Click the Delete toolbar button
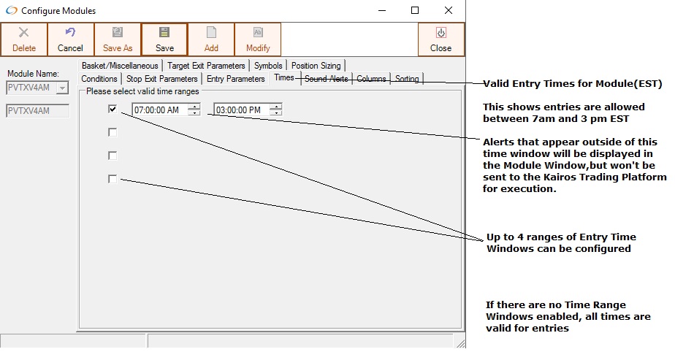point(24,39)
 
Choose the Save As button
point(118,39)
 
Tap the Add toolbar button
point(211,39)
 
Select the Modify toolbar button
point(258,39)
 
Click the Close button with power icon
point(441,39)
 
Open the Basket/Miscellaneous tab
point(120,66)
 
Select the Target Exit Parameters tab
point(206,66)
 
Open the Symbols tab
point(268,66)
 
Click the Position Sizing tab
point(316,66)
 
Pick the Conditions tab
point(99,79)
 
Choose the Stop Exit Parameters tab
point(162,79)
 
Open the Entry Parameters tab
point(235,79)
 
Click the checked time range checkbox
point(113,110)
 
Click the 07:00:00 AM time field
point(160,110)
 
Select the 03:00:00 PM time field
point(242,110)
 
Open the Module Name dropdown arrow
point(62,88)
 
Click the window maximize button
point(415,10)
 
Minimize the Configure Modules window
point(382,10)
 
